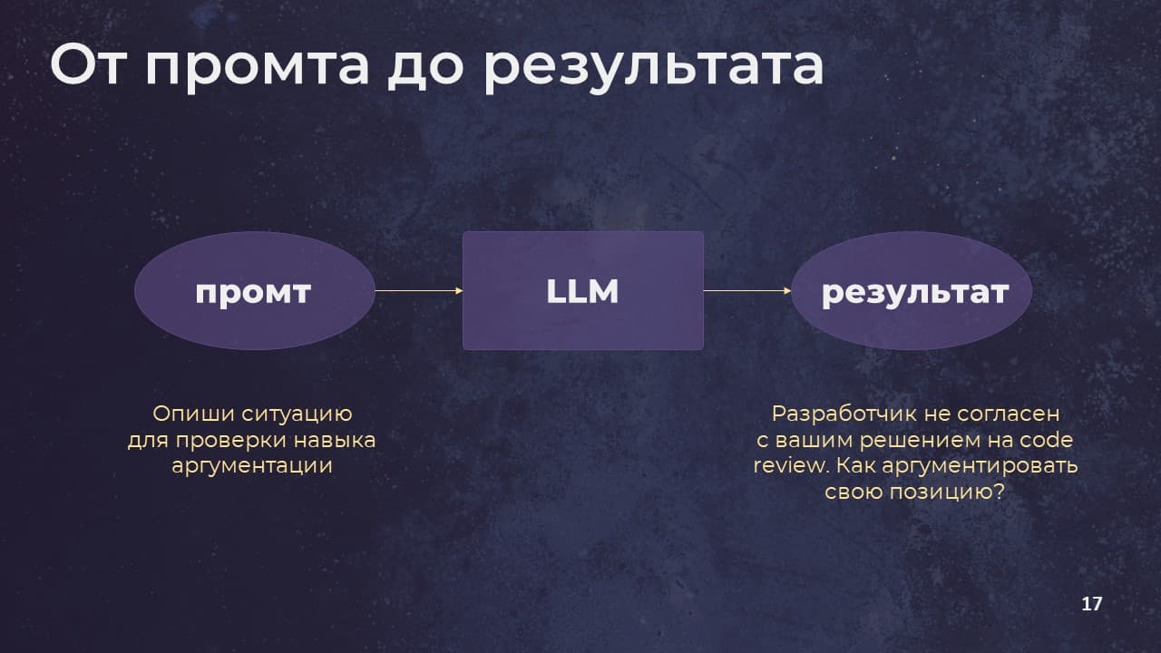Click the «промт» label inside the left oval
(253, 293)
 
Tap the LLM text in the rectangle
(582, 291)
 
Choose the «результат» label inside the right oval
(915, 293)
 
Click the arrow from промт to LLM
(419, 291)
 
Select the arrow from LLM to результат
(747, 291)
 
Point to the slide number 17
(1091, 604)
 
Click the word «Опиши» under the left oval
(194, 414)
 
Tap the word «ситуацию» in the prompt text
(297, 415)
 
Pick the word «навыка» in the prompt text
(335, 441)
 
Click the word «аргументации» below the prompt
(252, 466)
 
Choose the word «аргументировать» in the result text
(980, 466)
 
